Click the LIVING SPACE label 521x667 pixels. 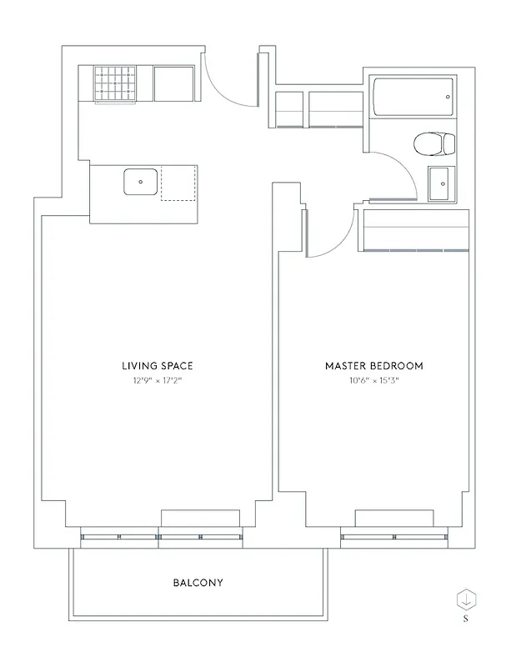(158, 365)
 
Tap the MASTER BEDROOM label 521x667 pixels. (373, 365)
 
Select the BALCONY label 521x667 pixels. (198, 583)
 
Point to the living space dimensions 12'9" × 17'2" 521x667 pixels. (158, 381)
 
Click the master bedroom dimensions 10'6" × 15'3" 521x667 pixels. (373, 381)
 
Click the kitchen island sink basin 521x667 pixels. (140, 181)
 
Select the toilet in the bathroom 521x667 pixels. (435, 143)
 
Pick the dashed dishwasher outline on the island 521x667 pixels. (178, 183)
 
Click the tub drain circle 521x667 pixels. (448, 97)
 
